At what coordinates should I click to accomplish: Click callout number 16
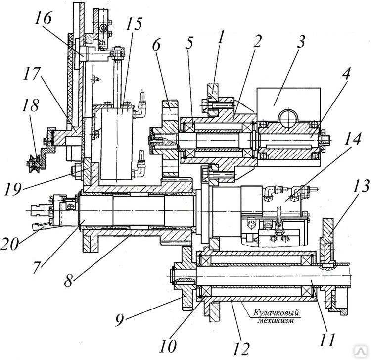tap(43, 18)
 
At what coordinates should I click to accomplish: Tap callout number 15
tap(134, 24)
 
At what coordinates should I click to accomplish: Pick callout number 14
tap(352, 138)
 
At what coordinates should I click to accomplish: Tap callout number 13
tap(360, 186)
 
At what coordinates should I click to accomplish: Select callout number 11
tap(328, 340)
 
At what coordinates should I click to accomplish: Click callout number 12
tap(241, 349)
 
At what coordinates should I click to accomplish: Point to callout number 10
tap(168, 346)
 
